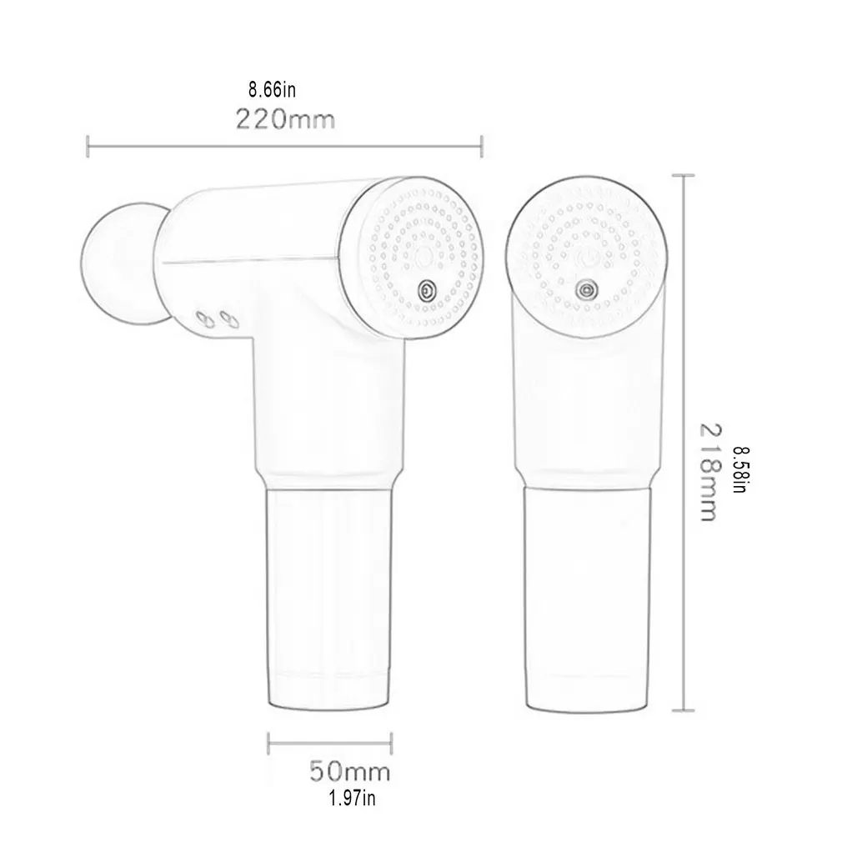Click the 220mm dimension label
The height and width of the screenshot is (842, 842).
tap(285, 119)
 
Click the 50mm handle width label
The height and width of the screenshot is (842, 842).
tap(350, 771)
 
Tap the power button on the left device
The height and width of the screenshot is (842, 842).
tap(426, 290)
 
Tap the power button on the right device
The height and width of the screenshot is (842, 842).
tap(585, 289)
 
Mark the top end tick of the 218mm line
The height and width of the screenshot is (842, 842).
tap(684, 175)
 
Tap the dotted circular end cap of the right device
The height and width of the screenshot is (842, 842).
tap(585, 251)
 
